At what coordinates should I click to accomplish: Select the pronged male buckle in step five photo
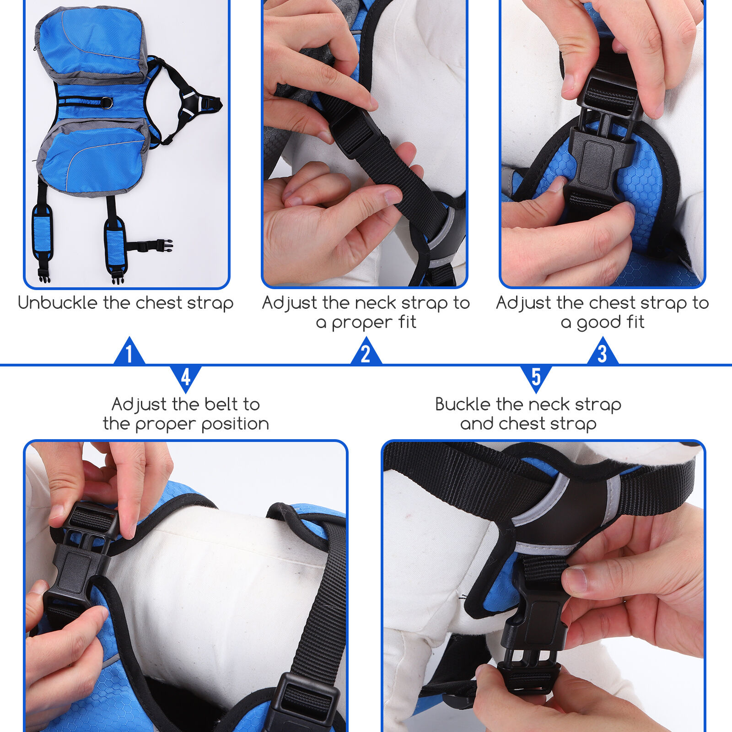tap(531, 673)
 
